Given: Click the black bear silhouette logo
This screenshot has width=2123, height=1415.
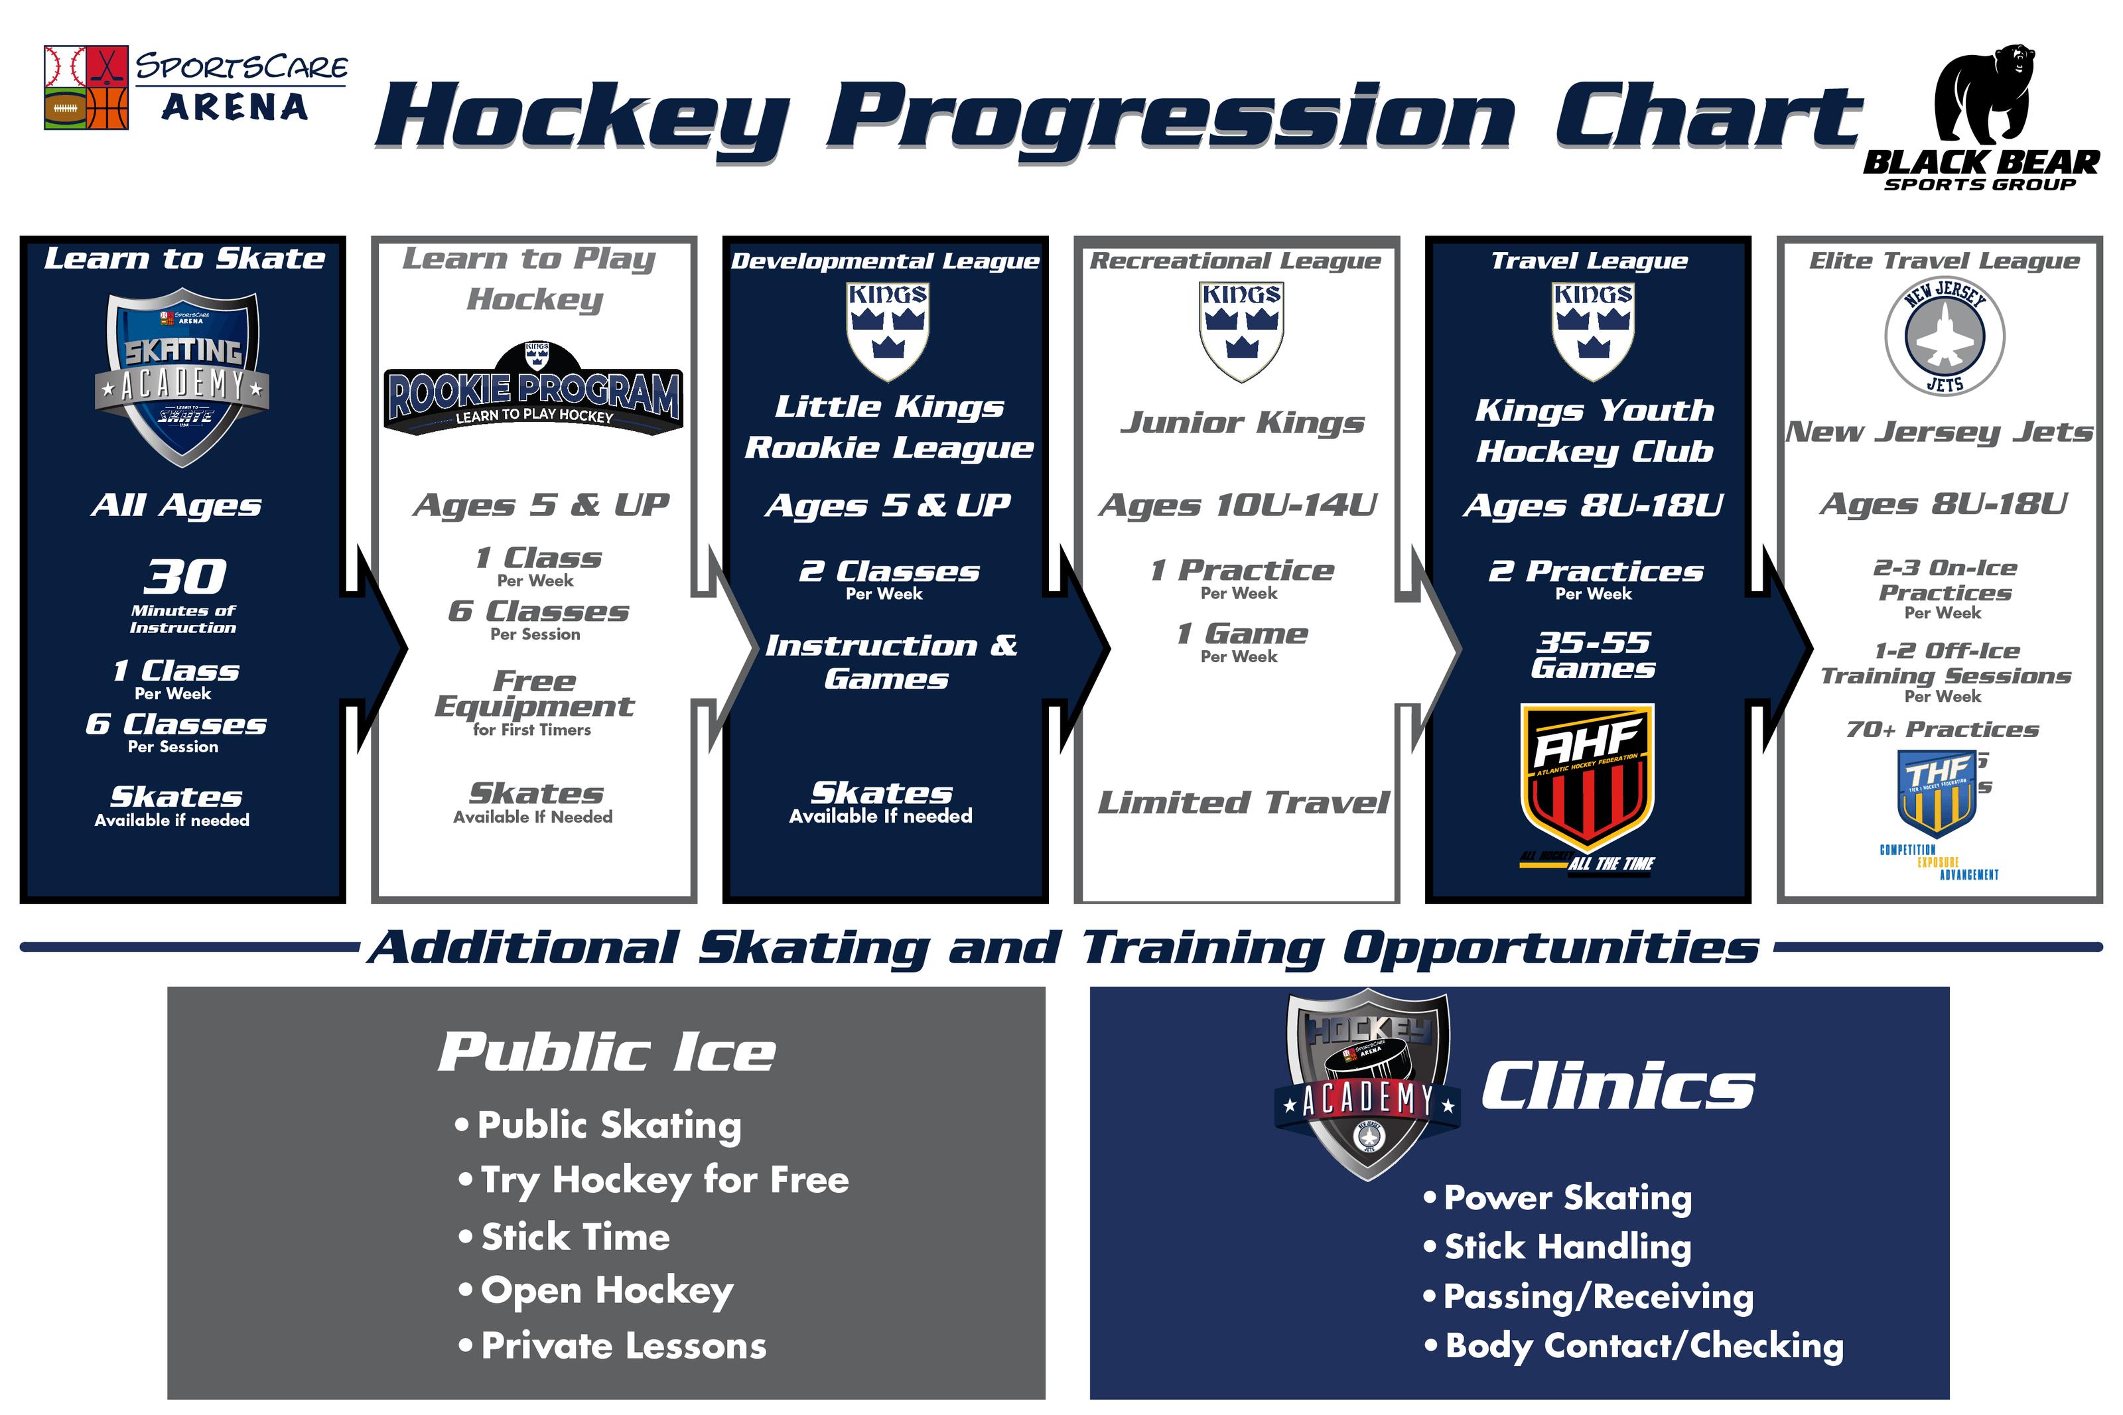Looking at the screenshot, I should click(1983, 95).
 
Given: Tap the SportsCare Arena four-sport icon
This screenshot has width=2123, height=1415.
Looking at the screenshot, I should click(87, 88).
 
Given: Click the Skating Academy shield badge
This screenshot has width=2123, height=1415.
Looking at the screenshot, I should click(182, 377).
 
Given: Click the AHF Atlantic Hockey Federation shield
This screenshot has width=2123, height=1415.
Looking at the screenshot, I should click(1586, 776).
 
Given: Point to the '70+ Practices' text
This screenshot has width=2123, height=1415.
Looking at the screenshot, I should click(1942, 729).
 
